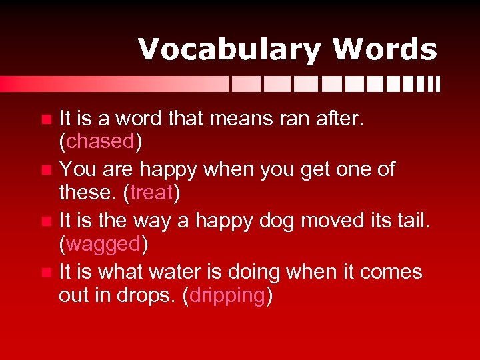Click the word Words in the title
385,50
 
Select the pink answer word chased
100,142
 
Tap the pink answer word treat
152,193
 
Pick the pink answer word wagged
103,245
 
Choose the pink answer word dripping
227,296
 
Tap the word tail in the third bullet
411,219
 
